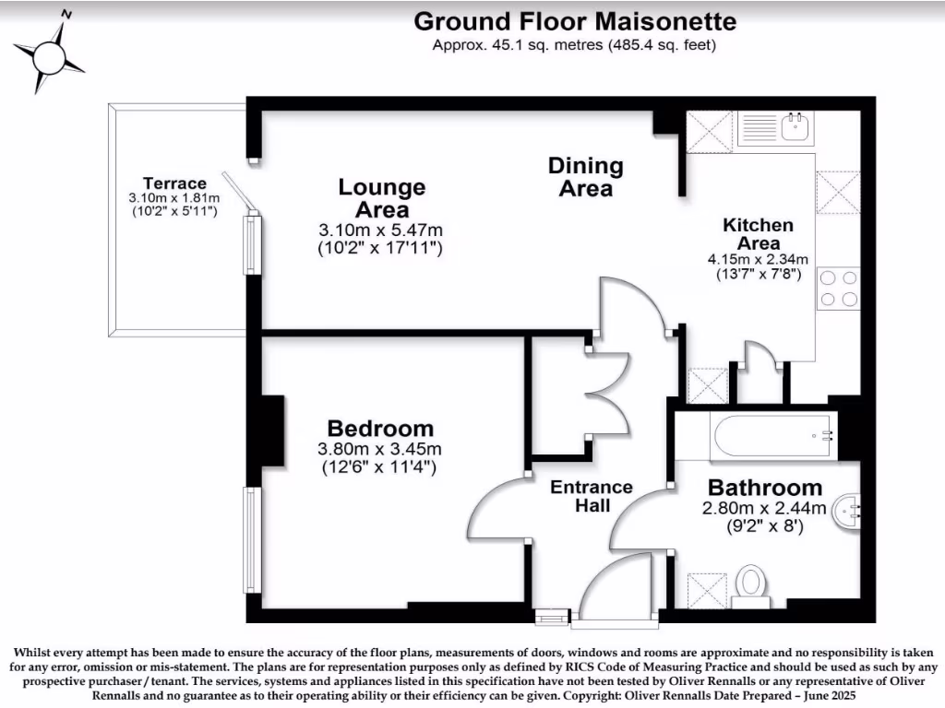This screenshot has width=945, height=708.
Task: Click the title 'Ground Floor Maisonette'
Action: pos(574,21)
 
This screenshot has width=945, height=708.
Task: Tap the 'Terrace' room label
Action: pos(174,183)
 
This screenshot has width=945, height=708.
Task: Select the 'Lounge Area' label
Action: pos(381,198)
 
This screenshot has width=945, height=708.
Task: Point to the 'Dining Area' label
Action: pos(586,177)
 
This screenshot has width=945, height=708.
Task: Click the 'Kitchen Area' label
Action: pos(757,233)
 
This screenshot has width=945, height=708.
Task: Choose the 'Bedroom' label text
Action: pos(380,429)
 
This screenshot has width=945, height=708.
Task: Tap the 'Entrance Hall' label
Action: pos(592,496)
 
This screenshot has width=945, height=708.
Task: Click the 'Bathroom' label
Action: pos(764,488)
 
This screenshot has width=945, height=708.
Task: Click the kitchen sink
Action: pos(795,127)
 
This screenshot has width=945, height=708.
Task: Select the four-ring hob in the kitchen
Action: pos(837,288)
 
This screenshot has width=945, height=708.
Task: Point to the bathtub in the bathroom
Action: pos(772,436)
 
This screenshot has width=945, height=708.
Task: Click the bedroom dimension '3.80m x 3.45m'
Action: pos(379,450)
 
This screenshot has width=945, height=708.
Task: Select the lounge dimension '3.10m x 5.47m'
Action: pos(381,230)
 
